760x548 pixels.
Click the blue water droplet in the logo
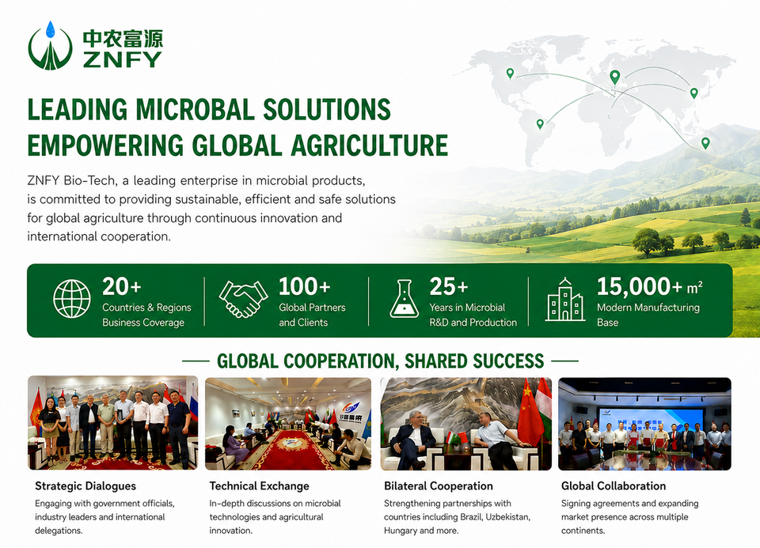click(50, 29)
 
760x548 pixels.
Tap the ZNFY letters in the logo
click(122, 59)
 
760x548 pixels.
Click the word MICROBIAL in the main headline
click(196, 109)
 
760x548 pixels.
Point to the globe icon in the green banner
click(72, 299)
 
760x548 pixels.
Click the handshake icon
click(243, 299)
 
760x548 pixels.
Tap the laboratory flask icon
click(405, 299)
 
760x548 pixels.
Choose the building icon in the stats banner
click(564, 300)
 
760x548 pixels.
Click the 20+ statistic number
click(122, 286)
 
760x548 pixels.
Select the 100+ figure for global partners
click(304, 286)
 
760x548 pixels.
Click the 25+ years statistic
click(448, 286)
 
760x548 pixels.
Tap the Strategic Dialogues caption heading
click(85, 486)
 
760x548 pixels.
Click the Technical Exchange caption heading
click(260, 486)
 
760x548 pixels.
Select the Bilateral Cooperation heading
click(438, 486)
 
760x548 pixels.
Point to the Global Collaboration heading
click(613, 486)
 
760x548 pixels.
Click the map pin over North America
click(510, 73)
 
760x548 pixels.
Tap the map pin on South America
click(540, 124)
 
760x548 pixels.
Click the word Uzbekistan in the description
click(508, 517)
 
